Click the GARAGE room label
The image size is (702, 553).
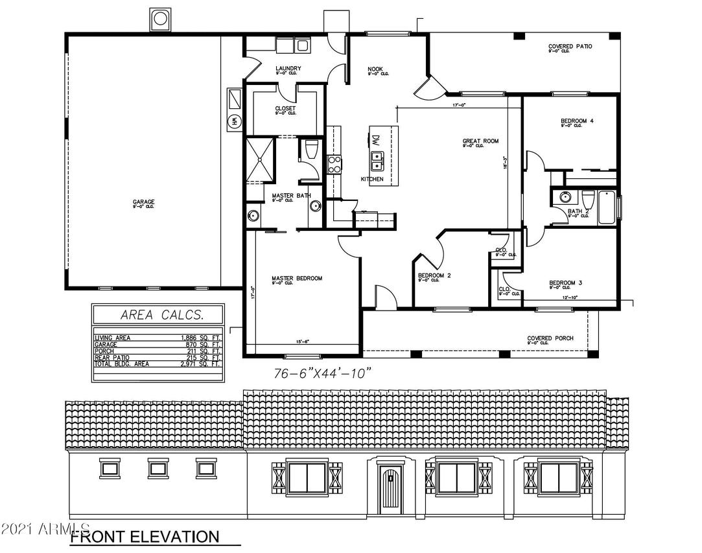143,202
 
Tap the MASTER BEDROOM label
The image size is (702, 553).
296,279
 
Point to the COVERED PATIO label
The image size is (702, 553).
570,47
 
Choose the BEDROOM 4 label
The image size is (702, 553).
577,121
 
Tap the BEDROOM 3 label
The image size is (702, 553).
566,283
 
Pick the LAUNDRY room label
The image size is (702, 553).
287,69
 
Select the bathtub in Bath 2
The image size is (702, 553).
607,207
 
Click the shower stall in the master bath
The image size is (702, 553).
261,160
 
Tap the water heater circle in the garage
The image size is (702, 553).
233,121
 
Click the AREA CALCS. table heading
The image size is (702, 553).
158,316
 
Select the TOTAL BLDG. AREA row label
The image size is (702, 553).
122,364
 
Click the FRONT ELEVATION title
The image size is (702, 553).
144,537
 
